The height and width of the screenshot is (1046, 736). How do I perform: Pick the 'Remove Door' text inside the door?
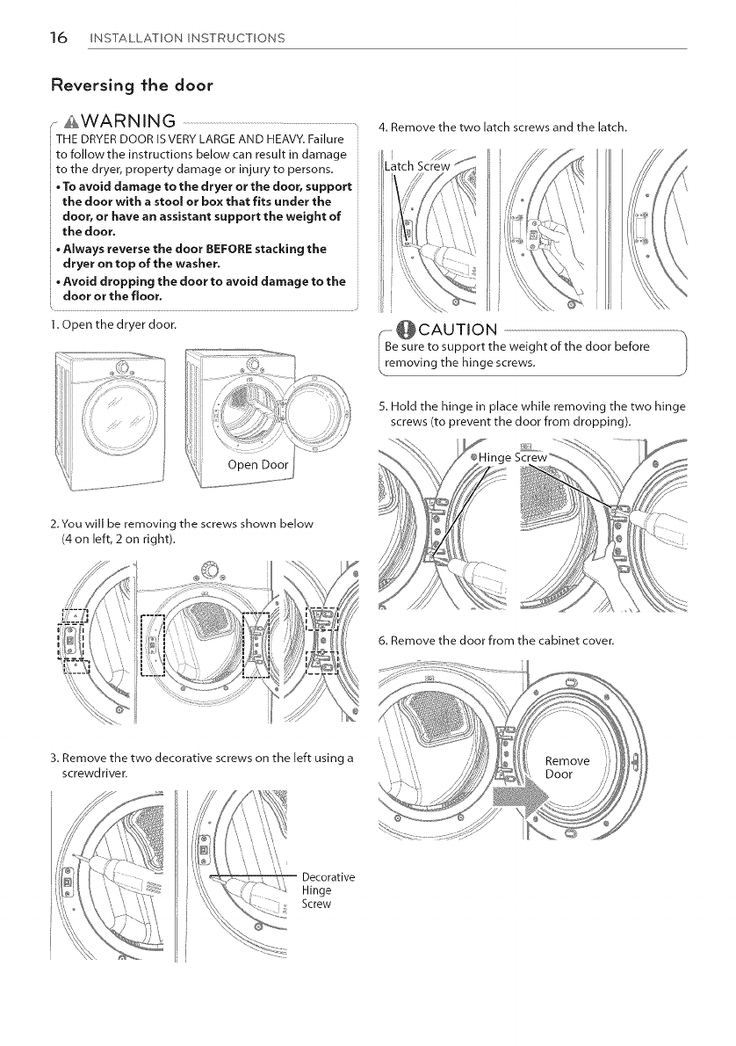567,767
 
